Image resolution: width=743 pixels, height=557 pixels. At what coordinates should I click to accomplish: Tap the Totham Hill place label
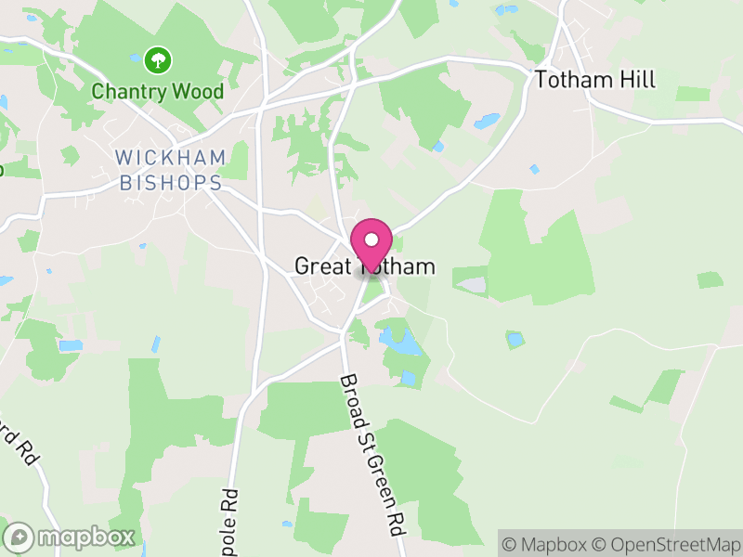(x=595, y=80)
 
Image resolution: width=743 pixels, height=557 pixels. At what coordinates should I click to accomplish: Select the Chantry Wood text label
(x=158, y=91)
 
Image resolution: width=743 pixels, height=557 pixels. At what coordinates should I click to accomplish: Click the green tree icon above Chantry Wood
(x=158, y=61)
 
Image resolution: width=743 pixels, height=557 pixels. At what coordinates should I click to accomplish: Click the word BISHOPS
(x=171, y=183)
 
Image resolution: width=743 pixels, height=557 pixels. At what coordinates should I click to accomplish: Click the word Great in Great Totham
(x=319, y=266)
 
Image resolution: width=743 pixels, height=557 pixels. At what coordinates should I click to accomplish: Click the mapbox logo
(x=71, y=537)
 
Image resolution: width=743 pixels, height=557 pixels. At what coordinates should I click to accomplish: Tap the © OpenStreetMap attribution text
(x=670, y=543)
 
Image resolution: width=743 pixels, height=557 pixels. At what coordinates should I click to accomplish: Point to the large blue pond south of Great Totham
(x=402, y=343)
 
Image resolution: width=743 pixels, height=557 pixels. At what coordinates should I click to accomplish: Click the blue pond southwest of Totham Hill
(x=487, y=121)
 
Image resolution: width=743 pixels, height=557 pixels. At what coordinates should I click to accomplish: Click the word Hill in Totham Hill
(x=636, y=80)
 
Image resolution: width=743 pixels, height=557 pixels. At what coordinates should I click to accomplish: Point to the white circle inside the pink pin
(x=371, y=238)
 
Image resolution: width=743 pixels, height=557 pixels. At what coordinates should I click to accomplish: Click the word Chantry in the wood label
(x=133, y=91)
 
